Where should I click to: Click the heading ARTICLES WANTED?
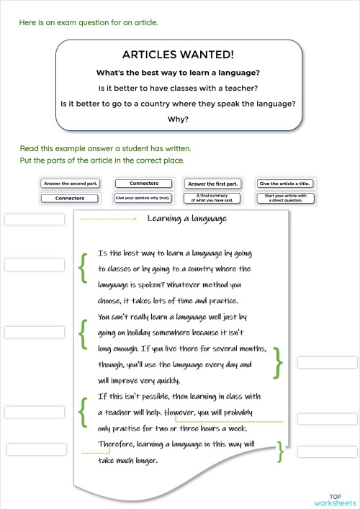[x=178, y=55]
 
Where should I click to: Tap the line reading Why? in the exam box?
[x=178, y=120]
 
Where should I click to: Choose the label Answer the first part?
[x=212, y=184]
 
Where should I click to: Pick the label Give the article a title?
[x=283, y=184]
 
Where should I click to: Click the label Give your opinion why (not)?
[x=142, y=198]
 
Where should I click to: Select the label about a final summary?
[x=212, y=198]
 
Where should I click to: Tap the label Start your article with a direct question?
[x=283, y=198]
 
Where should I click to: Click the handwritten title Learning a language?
[x=187, y=219]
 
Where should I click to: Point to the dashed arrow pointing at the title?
[x=108, y=219]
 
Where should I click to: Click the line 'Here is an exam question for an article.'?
[x=89, y=22]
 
